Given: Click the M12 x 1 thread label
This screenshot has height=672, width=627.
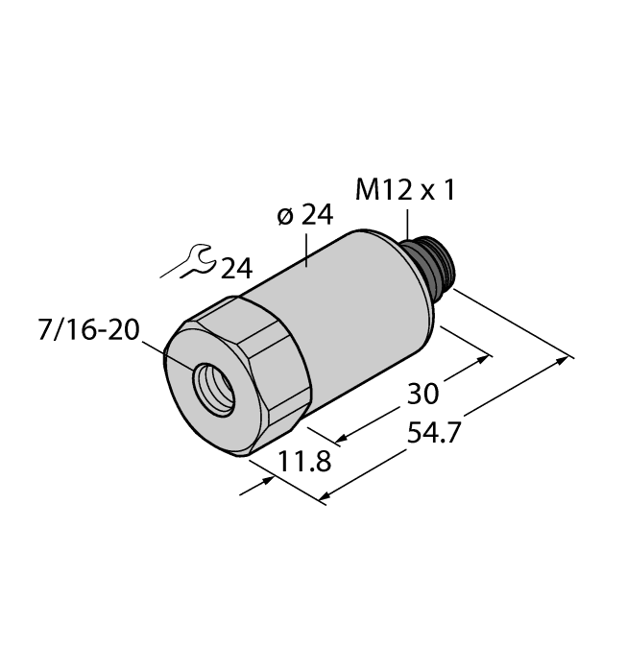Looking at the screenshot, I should (x=404, y=191).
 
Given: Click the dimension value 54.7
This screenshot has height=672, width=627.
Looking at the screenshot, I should (x=434, y=432).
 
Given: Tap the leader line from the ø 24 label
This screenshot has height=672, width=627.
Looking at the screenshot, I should (x=306, y=248).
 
